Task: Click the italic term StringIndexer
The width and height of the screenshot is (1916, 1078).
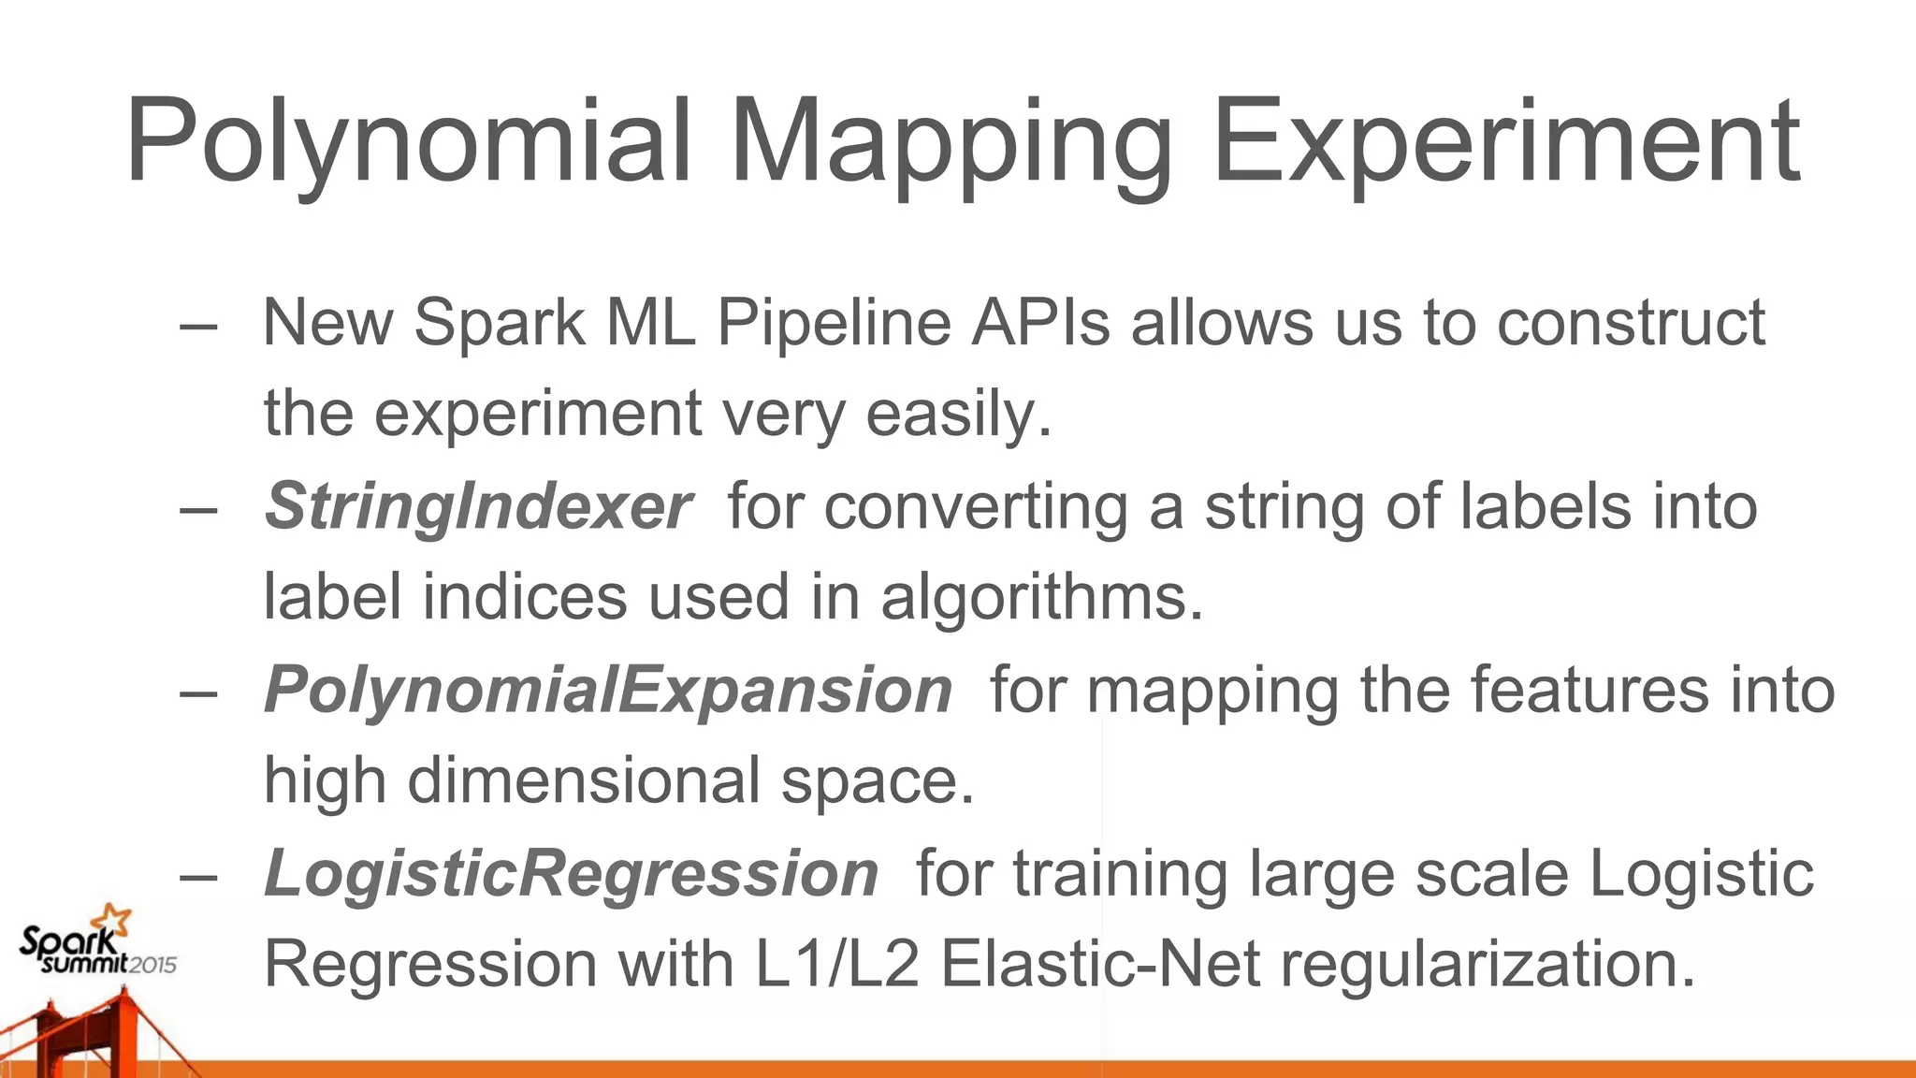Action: point(478,506)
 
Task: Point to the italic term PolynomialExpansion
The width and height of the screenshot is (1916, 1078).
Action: point(608,690)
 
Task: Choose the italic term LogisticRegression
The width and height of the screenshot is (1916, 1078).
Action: point(571,873)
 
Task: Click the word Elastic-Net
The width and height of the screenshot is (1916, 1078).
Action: point(1100,964)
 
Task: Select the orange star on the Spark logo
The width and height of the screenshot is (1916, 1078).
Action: point(116,920)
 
